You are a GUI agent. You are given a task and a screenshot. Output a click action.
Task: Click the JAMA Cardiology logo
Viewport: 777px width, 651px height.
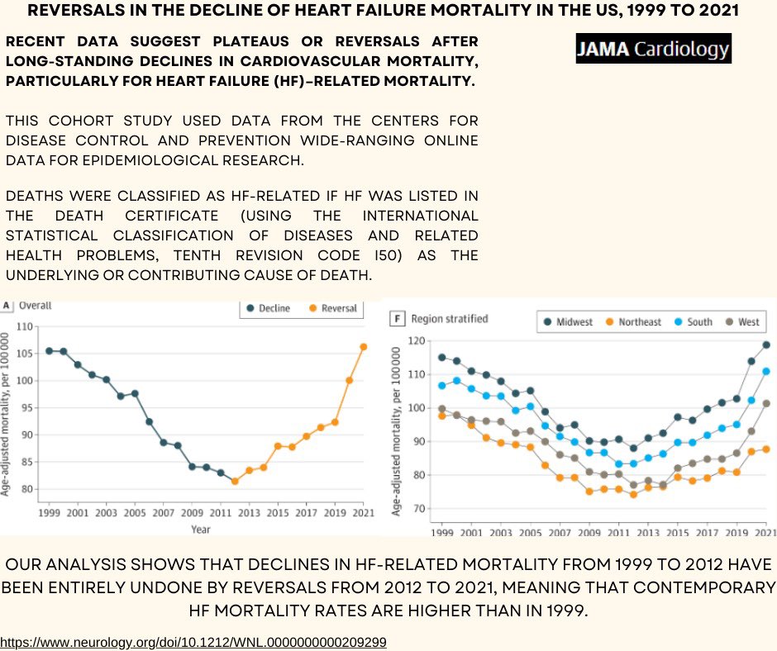click(653, 49)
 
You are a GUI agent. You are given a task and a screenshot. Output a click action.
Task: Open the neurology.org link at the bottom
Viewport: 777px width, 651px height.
click(193, 643)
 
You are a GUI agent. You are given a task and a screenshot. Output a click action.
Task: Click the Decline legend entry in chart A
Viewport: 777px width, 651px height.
click(268, 308)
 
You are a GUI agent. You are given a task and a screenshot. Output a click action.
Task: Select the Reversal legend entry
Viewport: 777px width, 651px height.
click(333, 308)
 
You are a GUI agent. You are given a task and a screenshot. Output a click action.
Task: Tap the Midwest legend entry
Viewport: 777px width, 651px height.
click(568, 322)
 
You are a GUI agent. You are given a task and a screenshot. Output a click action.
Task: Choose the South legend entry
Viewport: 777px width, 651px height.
click(694, 322)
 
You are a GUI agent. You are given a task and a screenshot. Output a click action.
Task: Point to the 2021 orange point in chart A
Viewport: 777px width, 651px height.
click(363, 347)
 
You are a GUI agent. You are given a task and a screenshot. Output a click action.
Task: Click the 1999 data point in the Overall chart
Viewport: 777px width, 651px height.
click(49, 351)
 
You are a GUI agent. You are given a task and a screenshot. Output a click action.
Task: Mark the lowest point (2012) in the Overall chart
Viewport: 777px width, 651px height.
click(235, 481)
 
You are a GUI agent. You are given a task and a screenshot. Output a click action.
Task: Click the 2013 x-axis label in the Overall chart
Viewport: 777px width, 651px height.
click(249, 513)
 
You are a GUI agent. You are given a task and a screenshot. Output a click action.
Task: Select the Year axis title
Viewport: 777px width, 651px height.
click(201, 529)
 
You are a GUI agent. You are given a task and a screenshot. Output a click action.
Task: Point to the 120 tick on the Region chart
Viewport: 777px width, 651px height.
click(417, 341)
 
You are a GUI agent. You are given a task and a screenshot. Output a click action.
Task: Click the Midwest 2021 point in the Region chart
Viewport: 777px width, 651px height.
click(766, 345)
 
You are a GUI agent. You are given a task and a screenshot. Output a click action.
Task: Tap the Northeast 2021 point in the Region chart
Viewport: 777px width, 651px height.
click(766, 449)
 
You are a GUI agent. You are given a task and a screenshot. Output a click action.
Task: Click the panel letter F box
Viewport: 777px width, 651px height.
click(397, 319)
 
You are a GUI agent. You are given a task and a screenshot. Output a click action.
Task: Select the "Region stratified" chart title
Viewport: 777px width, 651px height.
click(450, 319)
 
